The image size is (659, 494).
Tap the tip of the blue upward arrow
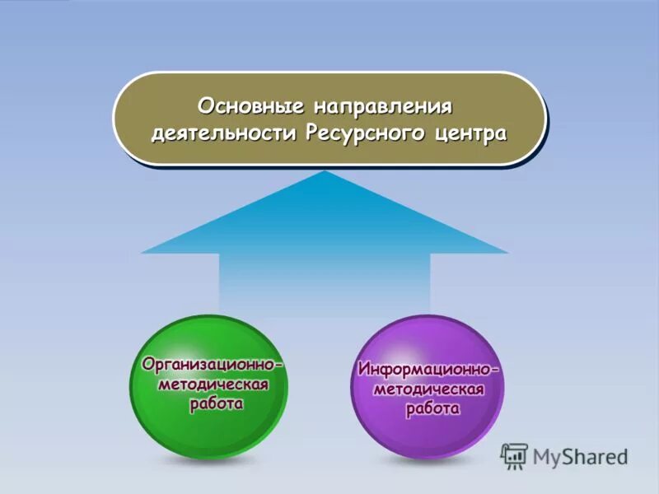tap(326, 172)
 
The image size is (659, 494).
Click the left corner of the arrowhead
tap(143, 252)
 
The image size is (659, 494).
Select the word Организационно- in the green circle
tap(212, 364)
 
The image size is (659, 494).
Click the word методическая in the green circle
tap(212, 384)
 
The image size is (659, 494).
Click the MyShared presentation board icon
tap(514, 455)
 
